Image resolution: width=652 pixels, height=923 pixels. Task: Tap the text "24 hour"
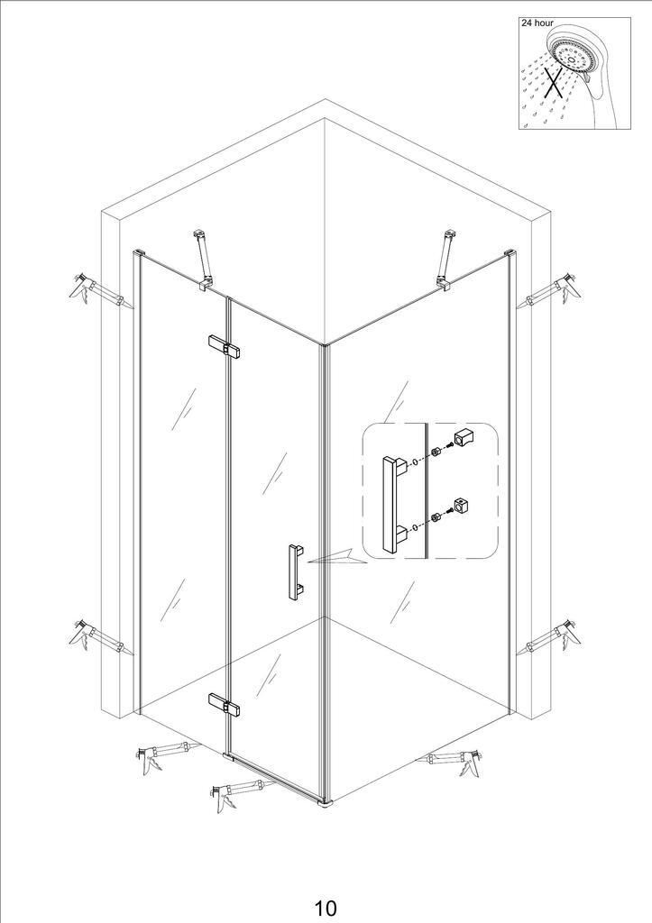click(x=537, y=23)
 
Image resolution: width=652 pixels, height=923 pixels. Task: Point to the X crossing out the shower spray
click(x=553, y=80)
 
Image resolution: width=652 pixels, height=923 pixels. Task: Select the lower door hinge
click(x=225, y=704)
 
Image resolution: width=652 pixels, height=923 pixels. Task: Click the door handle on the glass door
click(x=295, y=572)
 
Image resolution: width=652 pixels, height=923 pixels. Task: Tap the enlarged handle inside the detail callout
click(x=393, y=504)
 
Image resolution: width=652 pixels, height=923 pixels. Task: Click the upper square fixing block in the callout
click(x=464, y=437)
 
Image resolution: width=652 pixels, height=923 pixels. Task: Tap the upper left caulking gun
click(x=98, y=290)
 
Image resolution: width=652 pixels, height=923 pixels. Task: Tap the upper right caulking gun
click(x=548, y=291)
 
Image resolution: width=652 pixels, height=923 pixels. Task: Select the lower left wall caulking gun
click(x=97, y=637)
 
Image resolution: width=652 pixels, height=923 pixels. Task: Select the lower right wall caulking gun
click(x=549, y=637)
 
